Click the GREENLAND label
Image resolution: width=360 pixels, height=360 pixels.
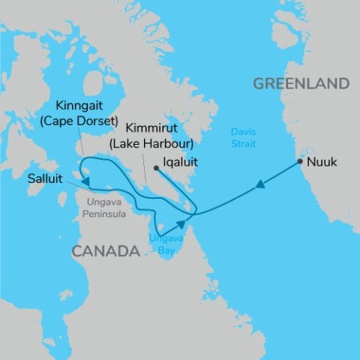(301, 82)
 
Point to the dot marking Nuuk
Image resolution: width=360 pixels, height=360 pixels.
(300, 161)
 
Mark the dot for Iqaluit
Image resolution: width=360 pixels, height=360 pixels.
(155, 168)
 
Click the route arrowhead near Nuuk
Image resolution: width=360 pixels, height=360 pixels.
(259, 184)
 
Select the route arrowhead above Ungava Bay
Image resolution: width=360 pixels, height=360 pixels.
(181, 223)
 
